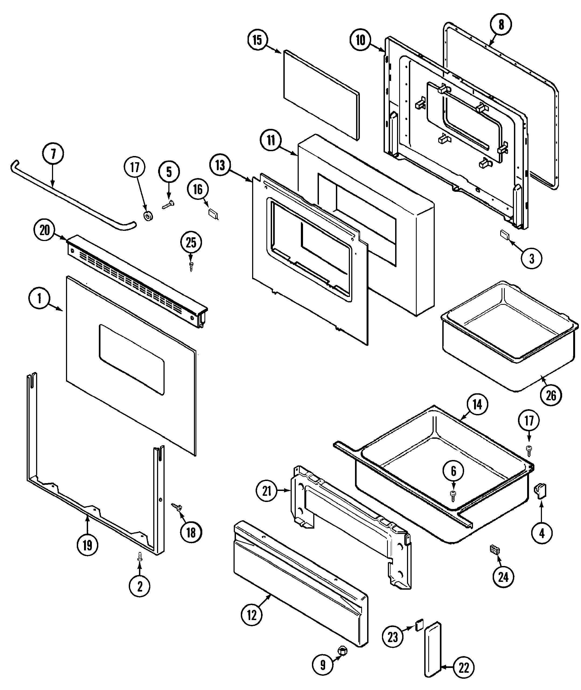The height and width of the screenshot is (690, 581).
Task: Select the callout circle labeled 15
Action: (257, 40)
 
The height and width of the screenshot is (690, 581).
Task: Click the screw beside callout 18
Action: (177, 507)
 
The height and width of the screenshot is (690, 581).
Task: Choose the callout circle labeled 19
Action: (87, 545)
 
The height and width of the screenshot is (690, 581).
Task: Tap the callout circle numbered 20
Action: (44, 230)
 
